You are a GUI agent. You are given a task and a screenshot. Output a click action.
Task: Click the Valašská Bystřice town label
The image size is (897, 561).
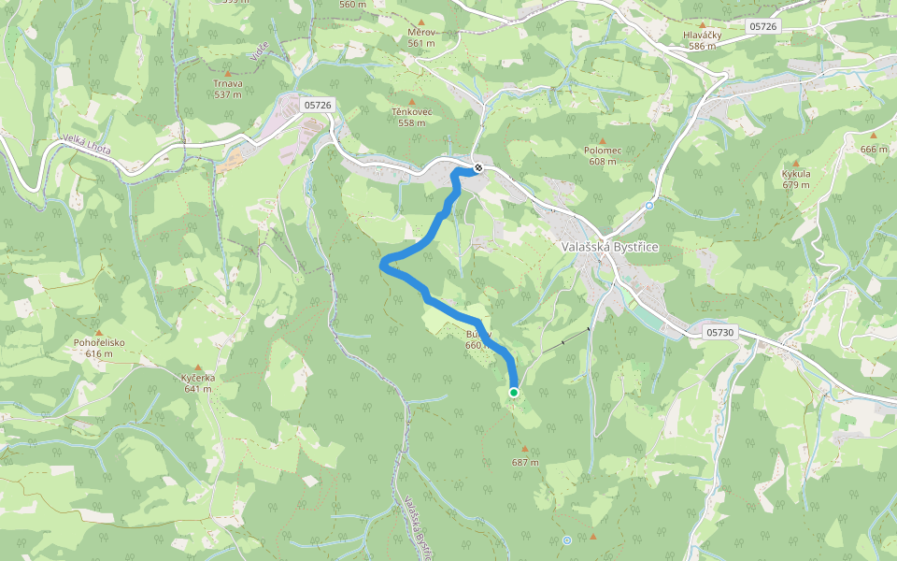coord(611,247)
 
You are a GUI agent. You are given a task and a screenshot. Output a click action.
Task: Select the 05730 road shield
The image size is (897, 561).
coord(720,332)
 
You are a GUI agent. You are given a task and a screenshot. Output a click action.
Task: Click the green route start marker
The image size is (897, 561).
coord(514,393)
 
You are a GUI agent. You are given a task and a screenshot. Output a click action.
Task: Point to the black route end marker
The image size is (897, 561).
coord(477,168)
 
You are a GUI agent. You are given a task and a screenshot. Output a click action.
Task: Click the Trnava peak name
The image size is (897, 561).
coord(228,83)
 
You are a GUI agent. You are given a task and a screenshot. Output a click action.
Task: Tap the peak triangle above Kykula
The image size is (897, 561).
coord(796,163)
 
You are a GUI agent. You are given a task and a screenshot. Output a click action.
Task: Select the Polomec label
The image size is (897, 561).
coord(603,150)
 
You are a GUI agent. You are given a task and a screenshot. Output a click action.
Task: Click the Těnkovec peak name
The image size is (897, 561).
coord(412,111)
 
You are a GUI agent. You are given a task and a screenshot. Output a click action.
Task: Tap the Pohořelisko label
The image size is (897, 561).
coord(99,342)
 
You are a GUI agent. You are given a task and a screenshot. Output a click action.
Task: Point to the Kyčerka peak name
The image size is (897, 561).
coord(198,378)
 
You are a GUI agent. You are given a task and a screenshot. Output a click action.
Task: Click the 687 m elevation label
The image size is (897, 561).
coord(525,463)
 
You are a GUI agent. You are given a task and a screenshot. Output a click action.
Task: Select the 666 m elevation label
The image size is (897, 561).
coord(874,150)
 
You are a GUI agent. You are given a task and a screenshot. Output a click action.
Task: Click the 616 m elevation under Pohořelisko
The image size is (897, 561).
coord(99,353)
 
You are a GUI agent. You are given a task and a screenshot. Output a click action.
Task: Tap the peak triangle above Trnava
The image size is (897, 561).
coord(227,71)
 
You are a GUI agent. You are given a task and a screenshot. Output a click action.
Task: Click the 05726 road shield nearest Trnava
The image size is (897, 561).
coord(318,105)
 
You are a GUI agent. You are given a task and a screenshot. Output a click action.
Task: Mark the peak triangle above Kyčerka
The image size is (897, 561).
coord(198,367)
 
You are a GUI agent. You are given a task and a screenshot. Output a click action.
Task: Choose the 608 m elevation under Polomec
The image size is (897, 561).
coord(603,161)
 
